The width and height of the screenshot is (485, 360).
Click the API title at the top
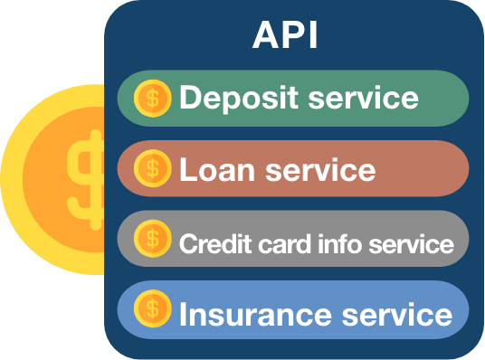(284, 36)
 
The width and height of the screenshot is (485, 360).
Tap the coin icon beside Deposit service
(151, 98)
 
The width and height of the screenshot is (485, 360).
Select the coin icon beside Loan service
(151, 168)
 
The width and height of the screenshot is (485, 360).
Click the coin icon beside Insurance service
(151, 310)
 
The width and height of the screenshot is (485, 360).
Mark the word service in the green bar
(364, 98)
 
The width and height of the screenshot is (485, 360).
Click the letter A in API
(263, 36)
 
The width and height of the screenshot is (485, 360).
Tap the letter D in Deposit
(190, 98)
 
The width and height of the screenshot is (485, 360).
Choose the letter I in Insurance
(184, 314)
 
